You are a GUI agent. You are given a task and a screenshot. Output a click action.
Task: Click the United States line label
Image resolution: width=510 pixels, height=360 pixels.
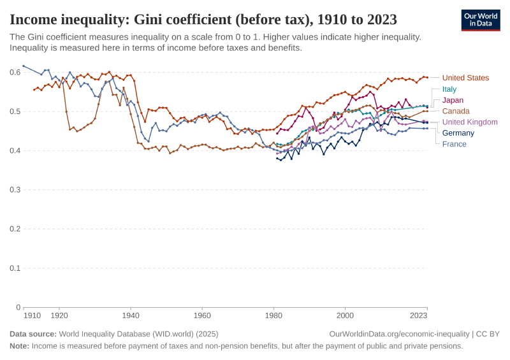pyautogui.click(x=465, y=78)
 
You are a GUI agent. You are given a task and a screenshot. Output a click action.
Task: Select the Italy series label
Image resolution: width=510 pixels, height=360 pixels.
pyautogui.click(x=449, y=89)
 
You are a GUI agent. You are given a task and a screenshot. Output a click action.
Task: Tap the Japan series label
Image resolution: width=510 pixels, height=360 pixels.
pyautogui.click(x=453, y=100)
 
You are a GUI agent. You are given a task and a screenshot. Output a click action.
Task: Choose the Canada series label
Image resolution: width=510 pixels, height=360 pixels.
pyautogui.click(x=455, y=111)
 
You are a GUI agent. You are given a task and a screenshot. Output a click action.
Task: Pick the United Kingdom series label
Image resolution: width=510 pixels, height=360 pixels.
pyautogui.click(x=470, y=122)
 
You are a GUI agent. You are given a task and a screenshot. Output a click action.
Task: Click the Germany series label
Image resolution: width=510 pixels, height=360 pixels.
pyautogui.click(x=458, y=133)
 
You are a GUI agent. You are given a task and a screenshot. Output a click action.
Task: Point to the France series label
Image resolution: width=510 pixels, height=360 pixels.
pyautogui.click(x=454, y=143)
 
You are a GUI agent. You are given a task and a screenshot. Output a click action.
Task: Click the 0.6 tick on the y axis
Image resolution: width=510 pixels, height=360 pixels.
pyautogui.click(x=15, y=72)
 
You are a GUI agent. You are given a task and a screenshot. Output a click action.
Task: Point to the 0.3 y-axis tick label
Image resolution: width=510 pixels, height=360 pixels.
pyautogui.click(x=15, y=190)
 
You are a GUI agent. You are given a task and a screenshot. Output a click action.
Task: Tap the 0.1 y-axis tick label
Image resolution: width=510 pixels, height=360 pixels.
pyautogui.click(x=15, y=268)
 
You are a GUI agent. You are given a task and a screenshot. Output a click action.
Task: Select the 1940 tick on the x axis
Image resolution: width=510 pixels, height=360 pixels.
pyautogui.click(x=131, y=315)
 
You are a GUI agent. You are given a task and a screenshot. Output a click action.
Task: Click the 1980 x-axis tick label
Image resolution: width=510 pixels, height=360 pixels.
pyautogui.click(x=273, y=315)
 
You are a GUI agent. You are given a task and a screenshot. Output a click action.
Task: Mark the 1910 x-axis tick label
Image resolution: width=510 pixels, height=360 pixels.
pyautogui.click(x=32, y=315)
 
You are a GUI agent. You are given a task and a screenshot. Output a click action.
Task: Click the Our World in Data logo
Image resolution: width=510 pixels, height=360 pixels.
pyautogui.click(x=480, y=20)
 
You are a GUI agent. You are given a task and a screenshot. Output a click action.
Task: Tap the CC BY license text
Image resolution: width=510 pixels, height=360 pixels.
pyautogui.click(x=488, y=334)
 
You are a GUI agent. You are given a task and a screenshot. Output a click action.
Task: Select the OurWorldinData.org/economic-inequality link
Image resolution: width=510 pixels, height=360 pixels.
pyautogui.click(x=399, y=334)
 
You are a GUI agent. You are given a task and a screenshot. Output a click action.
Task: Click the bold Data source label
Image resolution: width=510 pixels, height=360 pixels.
pyautogui.click(x=33, y=334)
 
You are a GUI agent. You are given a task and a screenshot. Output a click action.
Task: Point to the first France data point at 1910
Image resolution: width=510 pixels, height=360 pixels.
pyautogui.click(x=24, y=66)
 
